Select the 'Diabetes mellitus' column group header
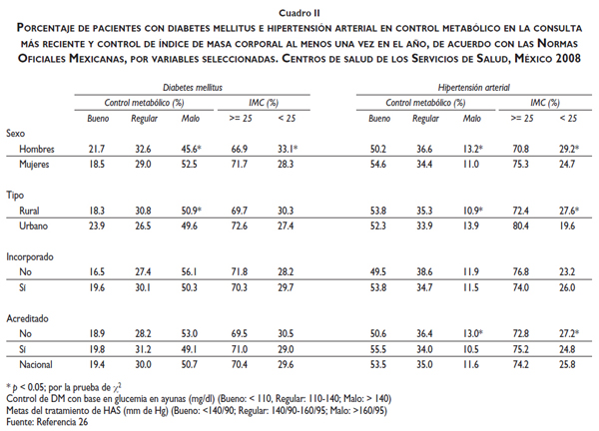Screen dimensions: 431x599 pos(193,88)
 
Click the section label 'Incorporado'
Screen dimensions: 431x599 pos(30,255)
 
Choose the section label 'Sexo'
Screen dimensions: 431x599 pos(16,132)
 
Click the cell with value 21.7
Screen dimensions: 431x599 pos(97,148)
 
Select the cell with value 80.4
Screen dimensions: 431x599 pos(520,226)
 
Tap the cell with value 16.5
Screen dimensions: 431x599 pos(97,271)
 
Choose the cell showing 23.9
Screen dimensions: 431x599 pos(97,226)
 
